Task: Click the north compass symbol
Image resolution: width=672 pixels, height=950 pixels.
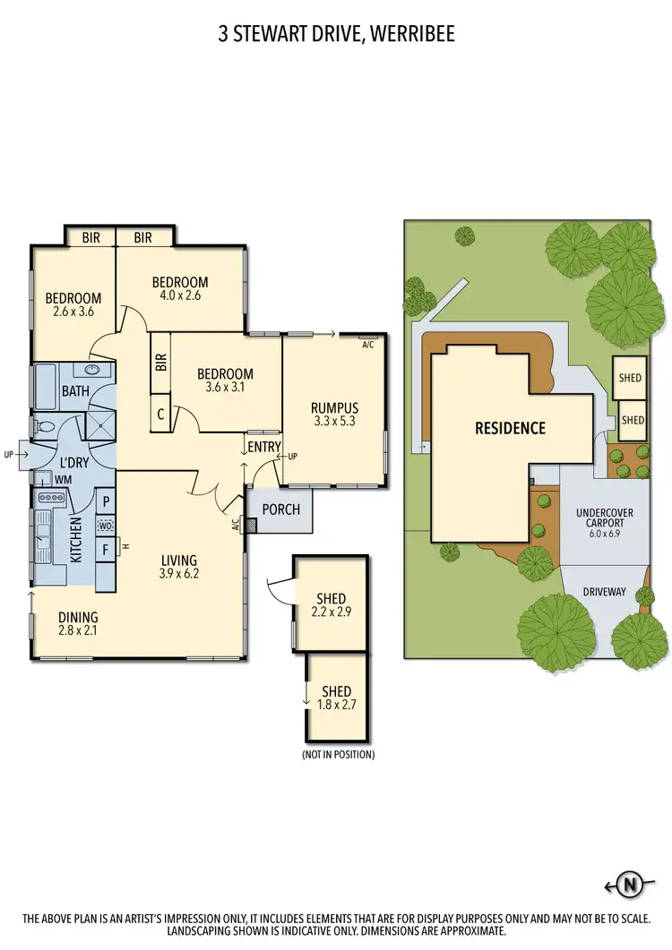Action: (631, 886)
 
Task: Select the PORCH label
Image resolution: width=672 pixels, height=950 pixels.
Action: (280, 509)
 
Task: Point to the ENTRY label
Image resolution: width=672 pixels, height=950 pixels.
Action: (264, 447)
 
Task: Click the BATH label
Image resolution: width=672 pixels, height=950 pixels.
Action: (50, 391)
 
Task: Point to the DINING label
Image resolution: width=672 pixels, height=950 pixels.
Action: (78, 617)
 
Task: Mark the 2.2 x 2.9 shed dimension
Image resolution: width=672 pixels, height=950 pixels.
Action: (332, 613)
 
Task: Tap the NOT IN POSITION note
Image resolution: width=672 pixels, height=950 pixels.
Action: (338, 755)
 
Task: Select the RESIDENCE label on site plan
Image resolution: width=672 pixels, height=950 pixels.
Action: (510, 428)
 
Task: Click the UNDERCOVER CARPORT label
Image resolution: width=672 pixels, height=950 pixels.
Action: (605, 519)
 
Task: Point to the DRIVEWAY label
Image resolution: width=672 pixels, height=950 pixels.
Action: (605, 592)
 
